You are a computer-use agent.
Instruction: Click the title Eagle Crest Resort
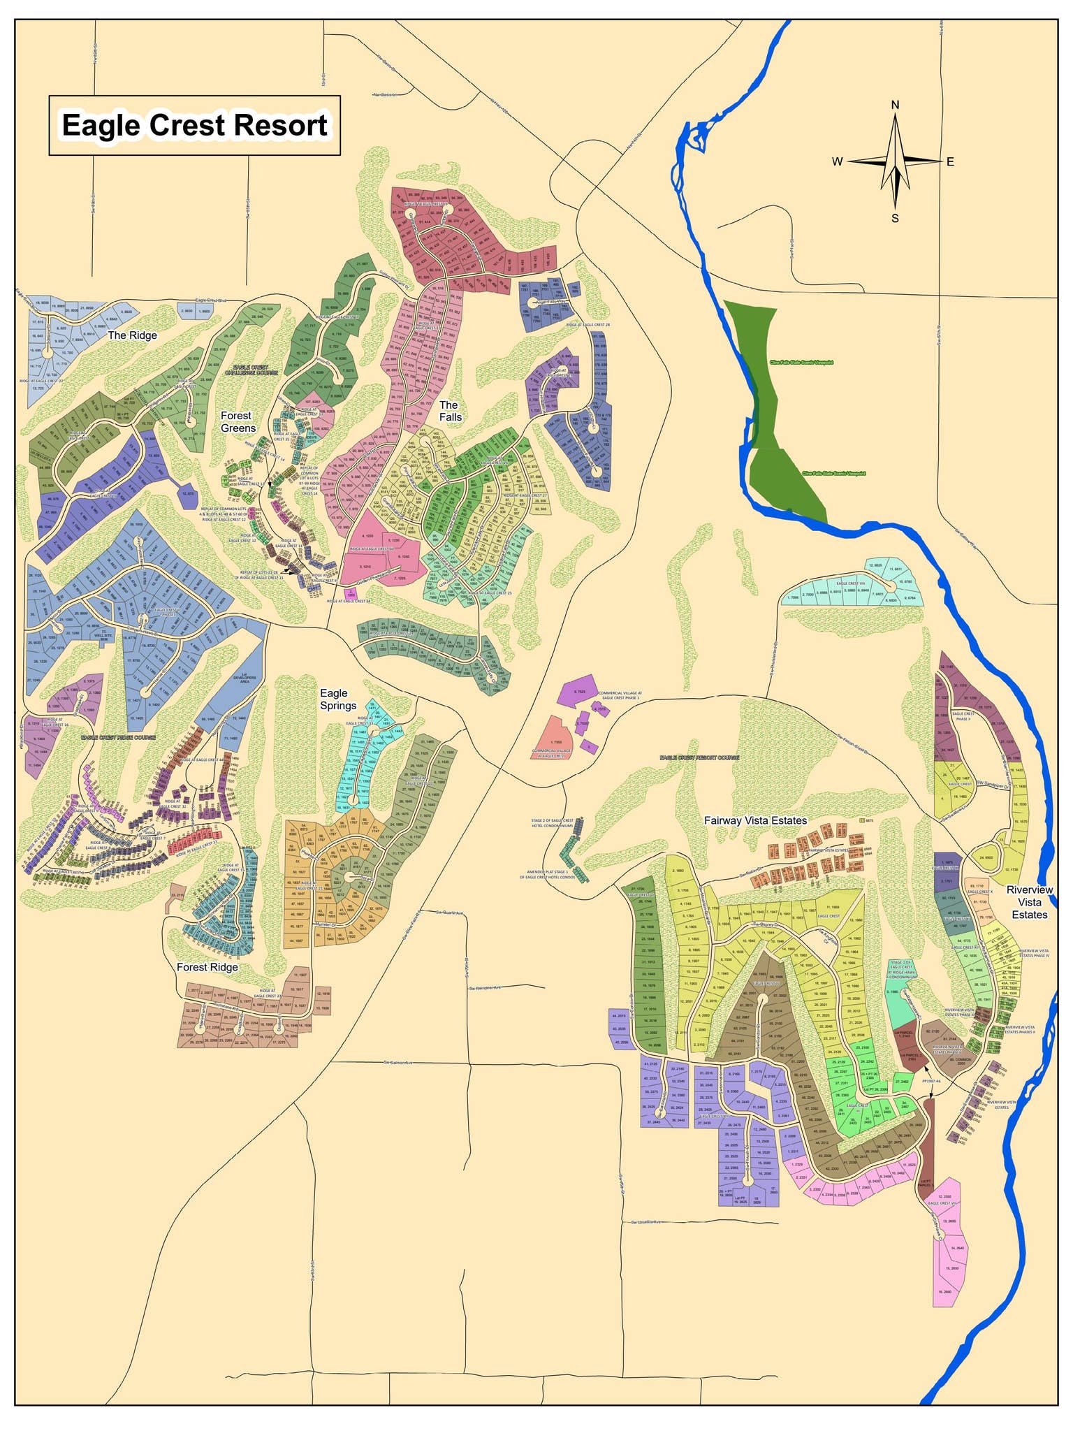(194, 126)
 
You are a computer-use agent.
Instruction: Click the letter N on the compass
(895, 106)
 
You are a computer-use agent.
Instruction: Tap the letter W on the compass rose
(837, 162)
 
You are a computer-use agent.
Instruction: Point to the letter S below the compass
(895, 218)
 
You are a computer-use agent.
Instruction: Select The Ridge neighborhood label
(132, 335)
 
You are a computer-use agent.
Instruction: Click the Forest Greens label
(238, 422)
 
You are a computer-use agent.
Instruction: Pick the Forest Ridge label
(207, 967)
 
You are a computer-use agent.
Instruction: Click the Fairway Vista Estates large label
(755, 820)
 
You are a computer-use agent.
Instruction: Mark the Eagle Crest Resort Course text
(699, 757)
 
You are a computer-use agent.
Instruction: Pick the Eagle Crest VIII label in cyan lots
(851, 583)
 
